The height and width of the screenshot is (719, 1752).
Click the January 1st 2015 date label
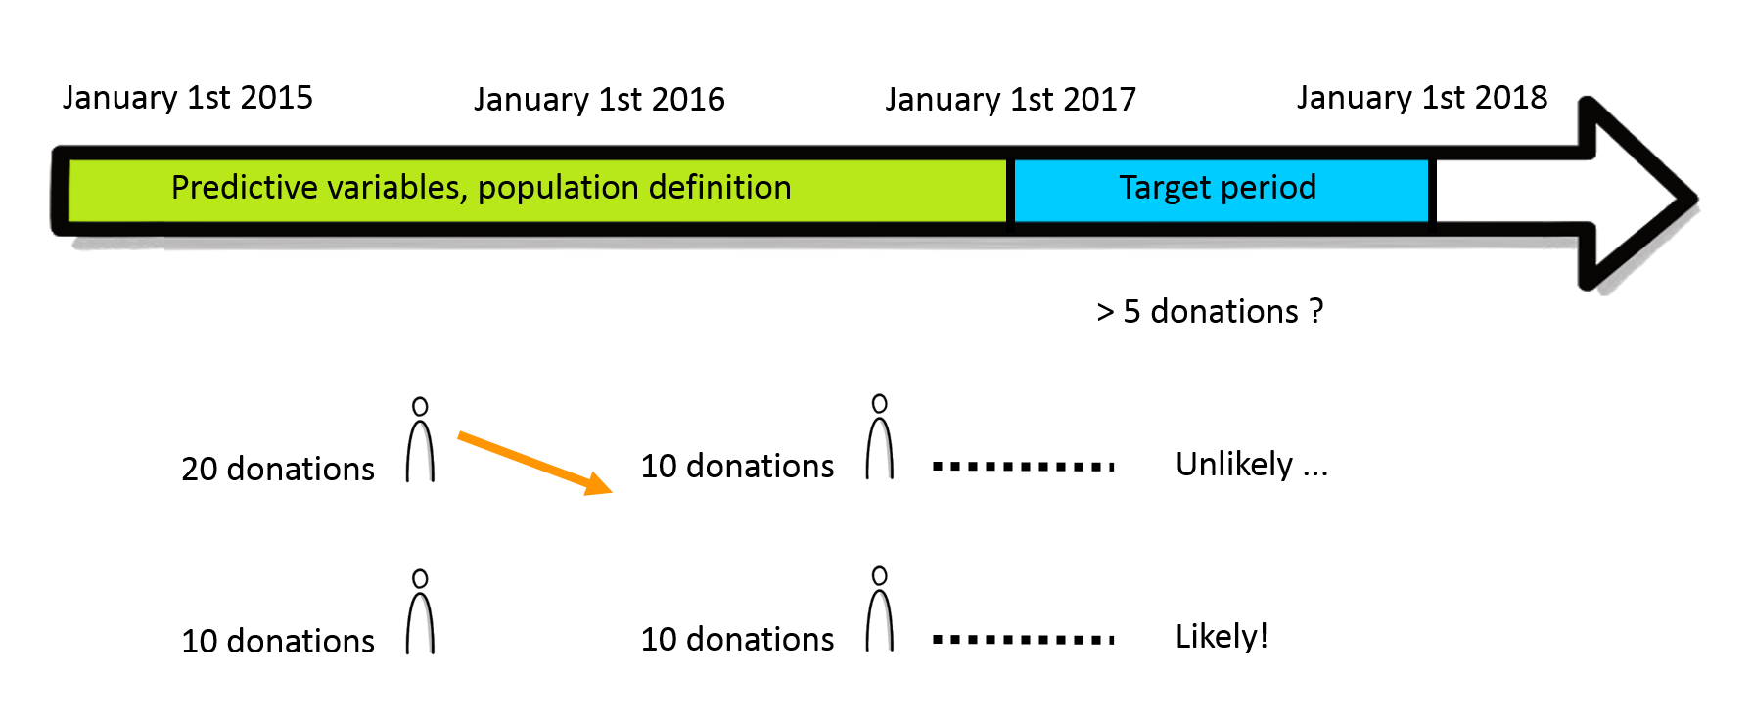click(188, 98)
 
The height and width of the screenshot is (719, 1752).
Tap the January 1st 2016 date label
click(599, 100)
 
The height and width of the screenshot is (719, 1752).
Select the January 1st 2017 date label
click(1011, 100)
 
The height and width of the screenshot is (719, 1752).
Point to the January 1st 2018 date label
click(1422, 98)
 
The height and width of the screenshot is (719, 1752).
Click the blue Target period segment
click(1221, 190)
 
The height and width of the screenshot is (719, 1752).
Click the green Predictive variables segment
click(537, 190)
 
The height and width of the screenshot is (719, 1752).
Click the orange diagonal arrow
click(534, 463)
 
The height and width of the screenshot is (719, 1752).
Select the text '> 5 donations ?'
click(1210, 311)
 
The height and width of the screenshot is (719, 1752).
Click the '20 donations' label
click(278, 470)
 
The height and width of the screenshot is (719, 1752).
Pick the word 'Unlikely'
click(1234, 465)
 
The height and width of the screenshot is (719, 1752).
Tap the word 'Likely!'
click(1222, 637)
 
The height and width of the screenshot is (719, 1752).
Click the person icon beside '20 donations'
click(420, 439)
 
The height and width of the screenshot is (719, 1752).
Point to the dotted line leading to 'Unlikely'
click(1024, 466)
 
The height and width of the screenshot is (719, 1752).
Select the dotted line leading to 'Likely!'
click(1024, 639)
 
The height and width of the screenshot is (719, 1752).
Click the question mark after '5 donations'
click(1316, 310)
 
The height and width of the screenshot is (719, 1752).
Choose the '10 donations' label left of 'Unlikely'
click(737, 467)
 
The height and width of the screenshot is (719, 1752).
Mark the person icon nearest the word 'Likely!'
click(880, 608)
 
